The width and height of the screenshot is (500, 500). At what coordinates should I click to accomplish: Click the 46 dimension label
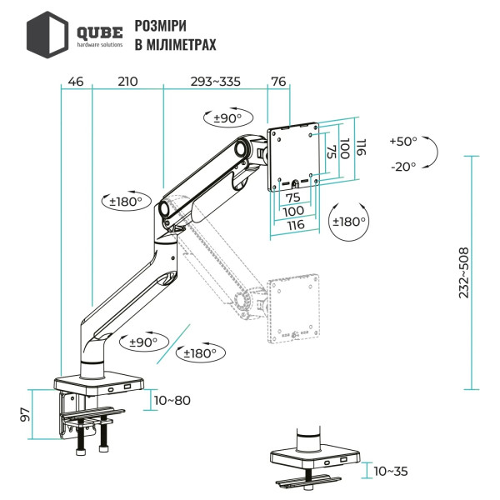pyautogui.click(x=75, y=82)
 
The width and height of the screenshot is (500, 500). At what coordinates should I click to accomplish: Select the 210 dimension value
pyautogui.click(x=127, y=82)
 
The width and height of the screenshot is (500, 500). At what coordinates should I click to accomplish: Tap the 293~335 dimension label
pyautogui.click(x=215, y=82)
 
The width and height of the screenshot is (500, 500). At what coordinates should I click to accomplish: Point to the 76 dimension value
pyautogui.click(x=278, y=82)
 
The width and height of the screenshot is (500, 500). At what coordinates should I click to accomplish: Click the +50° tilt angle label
pyautogui.click(x=402, y=142)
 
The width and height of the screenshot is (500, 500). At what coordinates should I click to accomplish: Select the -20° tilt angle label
pyautogui.click(x=402, y=167)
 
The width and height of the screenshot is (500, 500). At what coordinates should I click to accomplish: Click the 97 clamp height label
pyautogui.click(x=26, y=414)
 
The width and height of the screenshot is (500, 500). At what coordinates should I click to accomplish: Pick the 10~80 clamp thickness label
pyautogui.click(x=172, y=401)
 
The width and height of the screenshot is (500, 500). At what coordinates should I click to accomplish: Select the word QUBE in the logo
pyautogui.click(x=99, y=31)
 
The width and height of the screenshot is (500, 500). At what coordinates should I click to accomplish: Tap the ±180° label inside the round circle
pyautogui.click(x=348, y=222)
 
